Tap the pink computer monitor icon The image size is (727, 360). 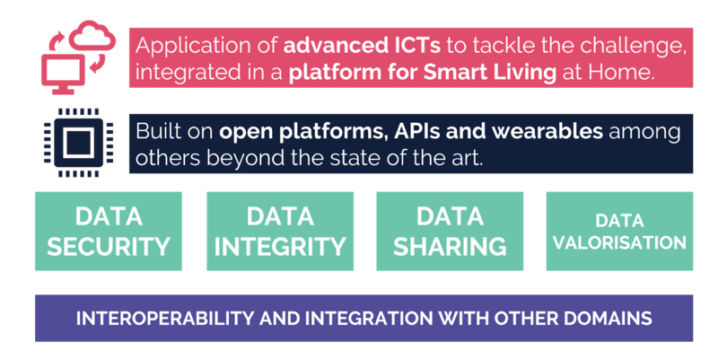pos(63,74)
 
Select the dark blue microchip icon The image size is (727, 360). pos(78,143)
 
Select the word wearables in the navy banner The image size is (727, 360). pos(547,132)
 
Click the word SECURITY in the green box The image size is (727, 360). pos(109,247)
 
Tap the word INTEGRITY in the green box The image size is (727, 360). pos(280,247)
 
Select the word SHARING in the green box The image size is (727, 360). pos(450,247)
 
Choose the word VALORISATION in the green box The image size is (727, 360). pos(619,242)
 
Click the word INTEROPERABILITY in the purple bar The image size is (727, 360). pos(165,319)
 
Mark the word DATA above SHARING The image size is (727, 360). pos(450,216)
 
